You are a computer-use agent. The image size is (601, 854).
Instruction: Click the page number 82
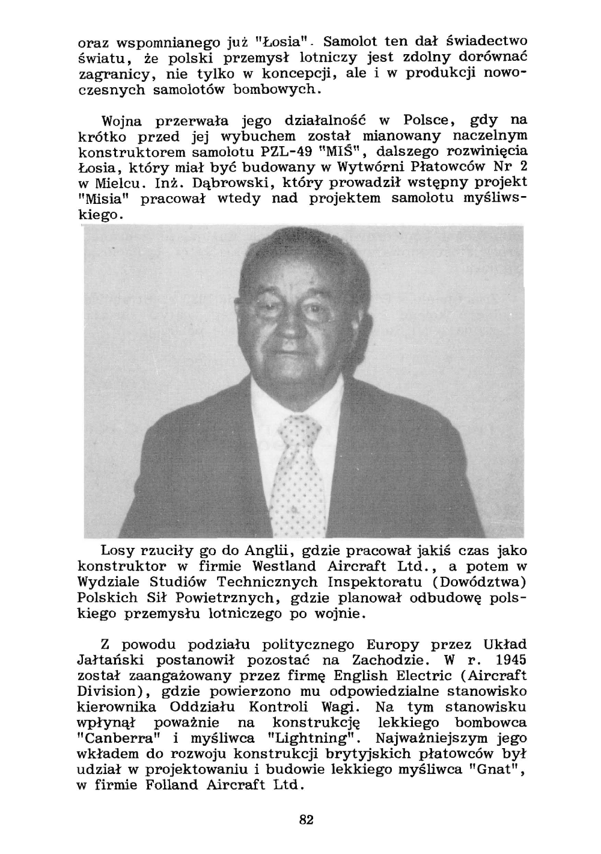click(306, 819)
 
